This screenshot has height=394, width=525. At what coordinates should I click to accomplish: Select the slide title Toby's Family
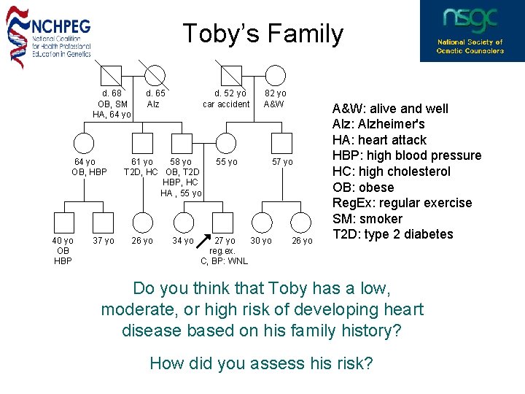click(x=262, y=34)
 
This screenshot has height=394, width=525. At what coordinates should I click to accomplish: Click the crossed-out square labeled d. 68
click(x=112, y=74)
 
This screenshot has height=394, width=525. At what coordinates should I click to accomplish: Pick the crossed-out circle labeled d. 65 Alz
click(x=155, y=74)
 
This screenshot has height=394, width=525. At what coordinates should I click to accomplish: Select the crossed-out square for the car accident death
click(x=230, y=74)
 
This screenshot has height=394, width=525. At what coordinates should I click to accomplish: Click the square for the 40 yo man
click(x=63, y=223)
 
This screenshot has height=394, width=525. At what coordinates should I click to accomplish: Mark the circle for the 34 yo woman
click(x=184, y=223)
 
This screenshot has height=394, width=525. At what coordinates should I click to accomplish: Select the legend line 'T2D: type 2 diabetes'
click(x=392, y=234)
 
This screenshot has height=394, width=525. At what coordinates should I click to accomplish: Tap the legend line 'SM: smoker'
click(x=367, y=219)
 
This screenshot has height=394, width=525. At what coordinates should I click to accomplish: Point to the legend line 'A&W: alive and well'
click(x=390, y=109)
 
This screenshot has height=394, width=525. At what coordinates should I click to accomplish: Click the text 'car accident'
click(x=226, y=104)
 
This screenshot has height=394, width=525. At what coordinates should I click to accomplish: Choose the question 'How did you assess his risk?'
click(x=261, y=363)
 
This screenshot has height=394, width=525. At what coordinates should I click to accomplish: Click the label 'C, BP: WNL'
click(x=224, y=261)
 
